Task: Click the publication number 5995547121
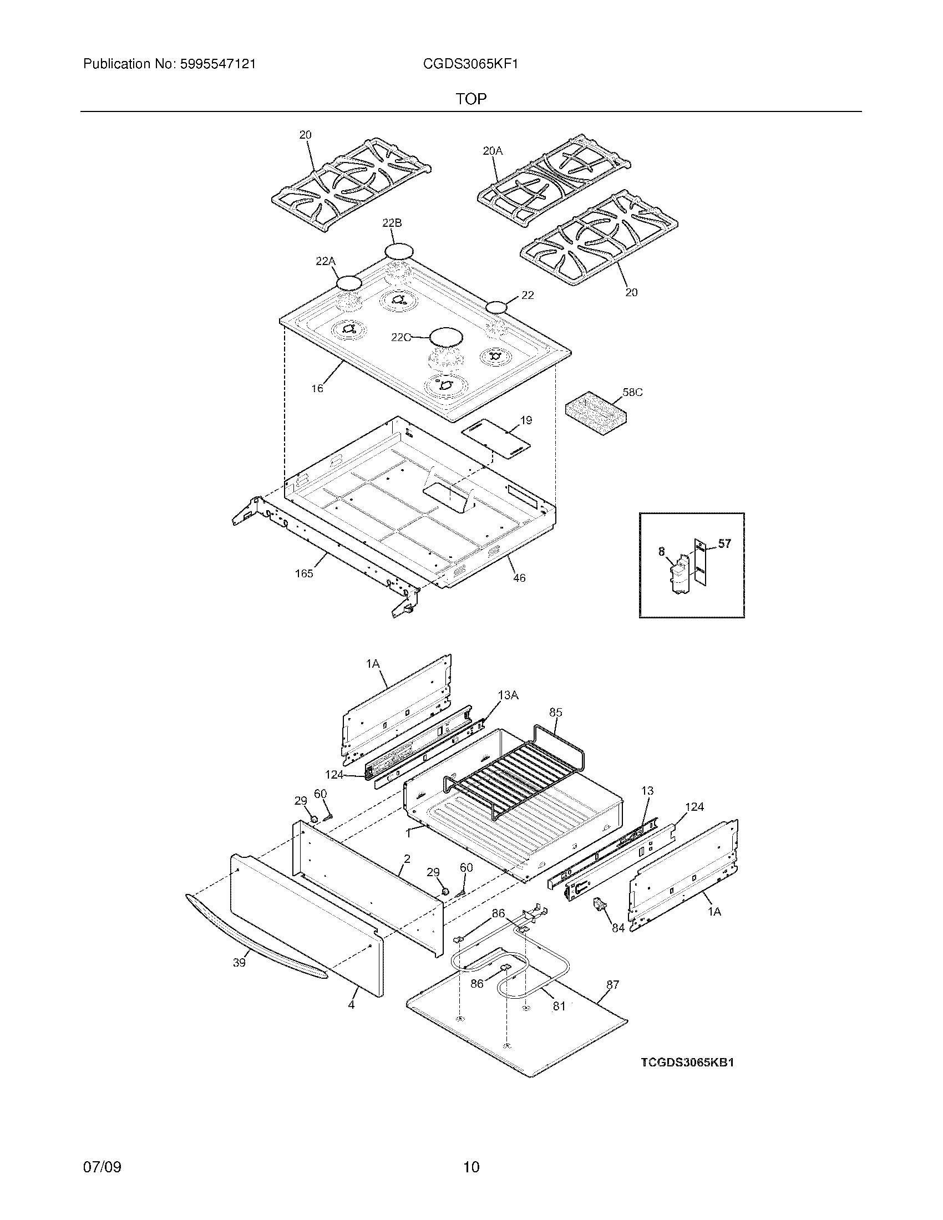click(217, 64)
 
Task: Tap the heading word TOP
click(471, 99)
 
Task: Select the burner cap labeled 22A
click(349, 283)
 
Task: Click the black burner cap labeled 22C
click(447, 337)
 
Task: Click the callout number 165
click(304, 573)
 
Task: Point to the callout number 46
click(519, 578)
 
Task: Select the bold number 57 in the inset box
click(724, 543)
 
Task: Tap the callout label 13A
click(508, 695)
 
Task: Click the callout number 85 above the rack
click(555, 712)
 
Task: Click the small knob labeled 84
click(600, 904)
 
